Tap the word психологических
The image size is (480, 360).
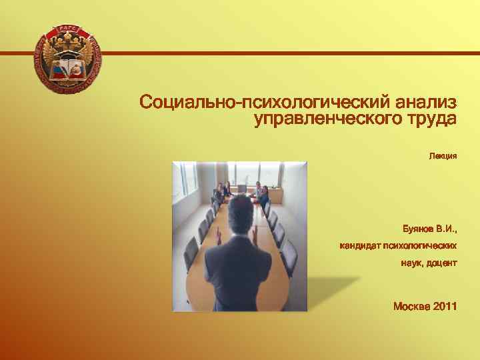point(420,246)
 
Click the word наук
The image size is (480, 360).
point(411,263)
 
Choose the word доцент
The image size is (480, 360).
point(442,263)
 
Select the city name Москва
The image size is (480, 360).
point(411,307)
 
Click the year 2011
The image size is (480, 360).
point(445,307)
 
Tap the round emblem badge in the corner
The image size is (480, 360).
point(67,59)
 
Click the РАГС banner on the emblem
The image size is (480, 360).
point(67,29)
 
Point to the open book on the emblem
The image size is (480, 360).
point(67,69)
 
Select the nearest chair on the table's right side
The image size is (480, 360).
point(289,257)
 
